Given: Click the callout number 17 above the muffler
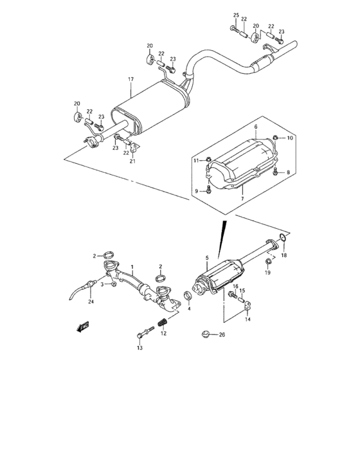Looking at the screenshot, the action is click(131, 79).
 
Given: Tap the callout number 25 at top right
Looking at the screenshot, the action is click(236, 15).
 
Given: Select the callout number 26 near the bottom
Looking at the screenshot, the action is click(222, 335).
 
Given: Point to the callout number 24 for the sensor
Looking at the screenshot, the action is click(91, 301).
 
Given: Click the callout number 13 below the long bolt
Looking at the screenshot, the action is click(139, 348).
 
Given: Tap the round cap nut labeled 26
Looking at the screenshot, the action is click(204, 334).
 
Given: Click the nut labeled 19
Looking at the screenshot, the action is click(268, 262).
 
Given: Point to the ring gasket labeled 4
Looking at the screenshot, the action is click(188, 296).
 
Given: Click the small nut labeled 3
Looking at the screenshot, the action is click(113, 284).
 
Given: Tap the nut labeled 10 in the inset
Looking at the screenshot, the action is click(275, 138).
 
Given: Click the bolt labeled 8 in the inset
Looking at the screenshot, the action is click(276, 172).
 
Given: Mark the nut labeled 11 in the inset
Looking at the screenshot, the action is click(209, 159).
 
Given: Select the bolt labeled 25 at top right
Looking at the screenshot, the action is click(235, 29).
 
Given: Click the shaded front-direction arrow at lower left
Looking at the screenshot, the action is click(83, 327).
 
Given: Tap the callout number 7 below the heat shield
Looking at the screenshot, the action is click(242, 199).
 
